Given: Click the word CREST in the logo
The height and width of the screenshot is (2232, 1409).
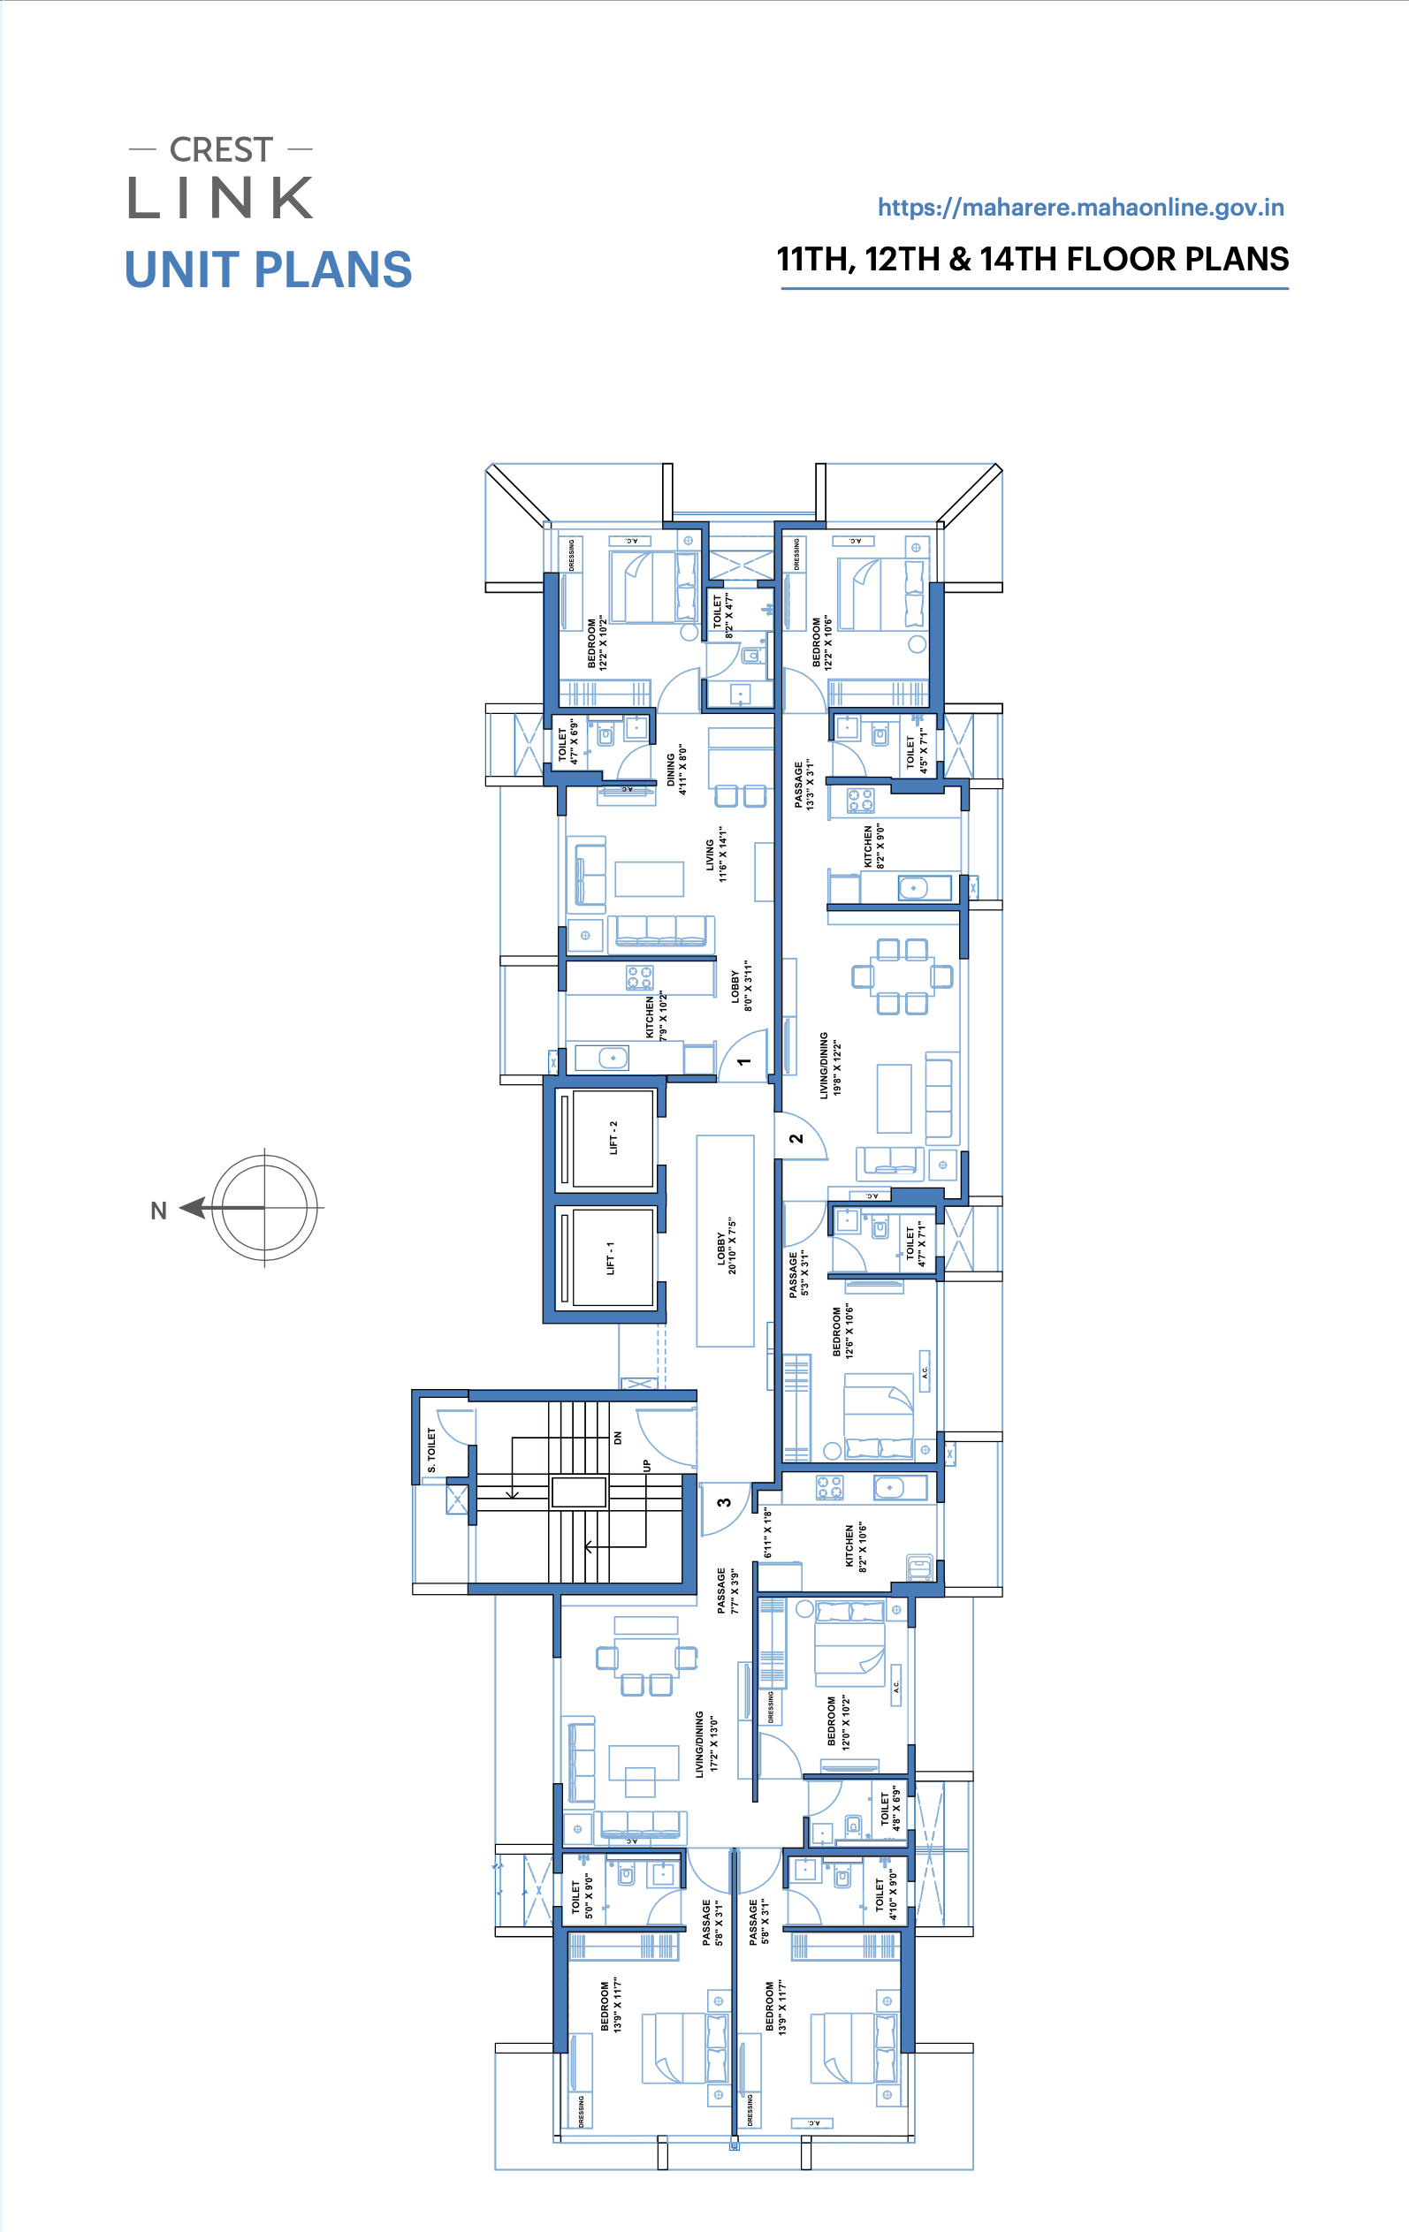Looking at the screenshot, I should (x=221, y=150).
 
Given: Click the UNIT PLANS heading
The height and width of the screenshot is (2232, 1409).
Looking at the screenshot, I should (x=268, y=270).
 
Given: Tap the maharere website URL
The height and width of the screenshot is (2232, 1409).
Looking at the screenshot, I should (x=1081, y=208).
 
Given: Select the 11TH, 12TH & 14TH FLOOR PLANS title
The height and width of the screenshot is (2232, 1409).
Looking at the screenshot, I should (x=1032, y=260).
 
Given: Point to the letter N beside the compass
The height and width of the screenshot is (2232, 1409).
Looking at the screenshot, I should (x=158, y=1211).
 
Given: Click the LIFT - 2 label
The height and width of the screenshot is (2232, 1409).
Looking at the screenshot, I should (x=613, y=1137).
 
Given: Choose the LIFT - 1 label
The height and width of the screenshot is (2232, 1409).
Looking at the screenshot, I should (x=611, y=1257).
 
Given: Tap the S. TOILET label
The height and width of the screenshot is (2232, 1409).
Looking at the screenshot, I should (x=432, y=1450).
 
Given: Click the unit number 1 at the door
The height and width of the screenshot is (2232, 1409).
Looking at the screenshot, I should (x=743, y=1061).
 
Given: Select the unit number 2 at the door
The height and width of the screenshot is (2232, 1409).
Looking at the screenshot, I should (x=796, y=1138).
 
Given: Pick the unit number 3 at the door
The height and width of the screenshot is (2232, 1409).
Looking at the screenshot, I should (x=725, y=1502).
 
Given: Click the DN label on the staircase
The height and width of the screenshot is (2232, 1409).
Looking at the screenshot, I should (x=618, y=1438).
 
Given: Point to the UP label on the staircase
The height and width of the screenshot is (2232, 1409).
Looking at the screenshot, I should (x=647, y=1465).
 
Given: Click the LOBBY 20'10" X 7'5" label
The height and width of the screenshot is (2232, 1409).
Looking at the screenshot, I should (x=727, y=1247).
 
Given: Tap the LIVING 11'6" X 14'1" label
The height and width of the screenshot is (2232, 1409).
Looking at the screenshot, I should (x=717, y=854).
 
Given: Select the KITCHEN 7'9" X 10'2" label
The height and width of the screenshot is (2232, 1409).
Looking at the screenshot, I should (x=656, y=1017).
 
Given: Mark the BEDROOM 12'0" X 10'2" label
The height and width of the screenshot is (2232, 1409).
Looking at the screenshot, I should (x=839, y=1722).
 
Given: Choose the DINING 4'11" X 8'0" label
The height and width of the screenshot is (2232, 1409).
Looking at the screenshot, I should (x=677, y=770).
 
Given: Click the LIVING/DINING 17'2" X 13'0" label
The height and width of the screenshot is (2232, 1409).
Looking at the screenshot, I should (x=706, y=1743).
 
